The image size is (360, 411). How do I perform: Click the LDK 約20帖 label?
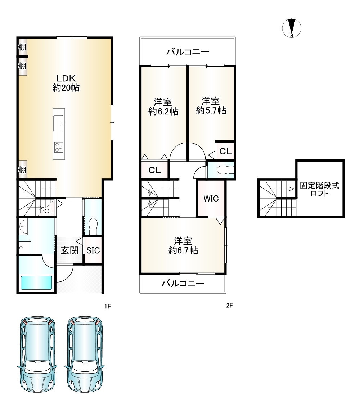click(66, 83)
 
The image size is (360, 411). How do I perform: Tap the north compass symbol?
click(292, 28)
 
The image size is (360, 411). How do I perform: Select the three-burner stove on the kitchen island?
click(58, 147)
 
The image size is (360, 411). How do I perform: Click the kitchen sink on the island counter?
click(58, 123)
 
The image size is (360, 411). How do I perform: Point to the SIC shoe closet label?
click(93, 250)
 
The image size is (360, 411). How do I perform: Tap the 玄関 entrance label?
click(70, 250)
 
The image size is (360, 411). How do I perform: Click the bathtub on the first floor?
click(36, 283)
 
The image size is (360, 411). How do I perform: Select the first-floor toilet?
click(93, 226)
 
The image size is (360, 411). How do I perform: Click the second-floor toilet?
click(225, 170)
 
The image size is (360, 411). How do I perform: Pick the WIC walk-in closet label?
click(211, 198)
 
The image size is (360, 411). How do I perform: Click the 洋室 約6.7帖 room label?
click(183, 245)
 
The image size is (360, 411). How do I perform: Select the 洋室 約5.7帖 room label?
click(211, 106)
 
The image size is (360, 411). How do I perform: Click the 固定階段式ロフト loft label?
click(320, 190)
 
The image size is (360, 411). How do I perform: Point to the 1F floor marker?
click(108, 306)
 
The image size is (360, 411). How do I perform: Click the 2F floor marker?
click(229, 305)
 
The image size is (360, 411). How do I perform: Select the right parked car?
click(85, 354)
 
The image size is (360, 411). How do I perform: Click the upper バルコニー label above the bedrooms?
click(188, 52)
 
